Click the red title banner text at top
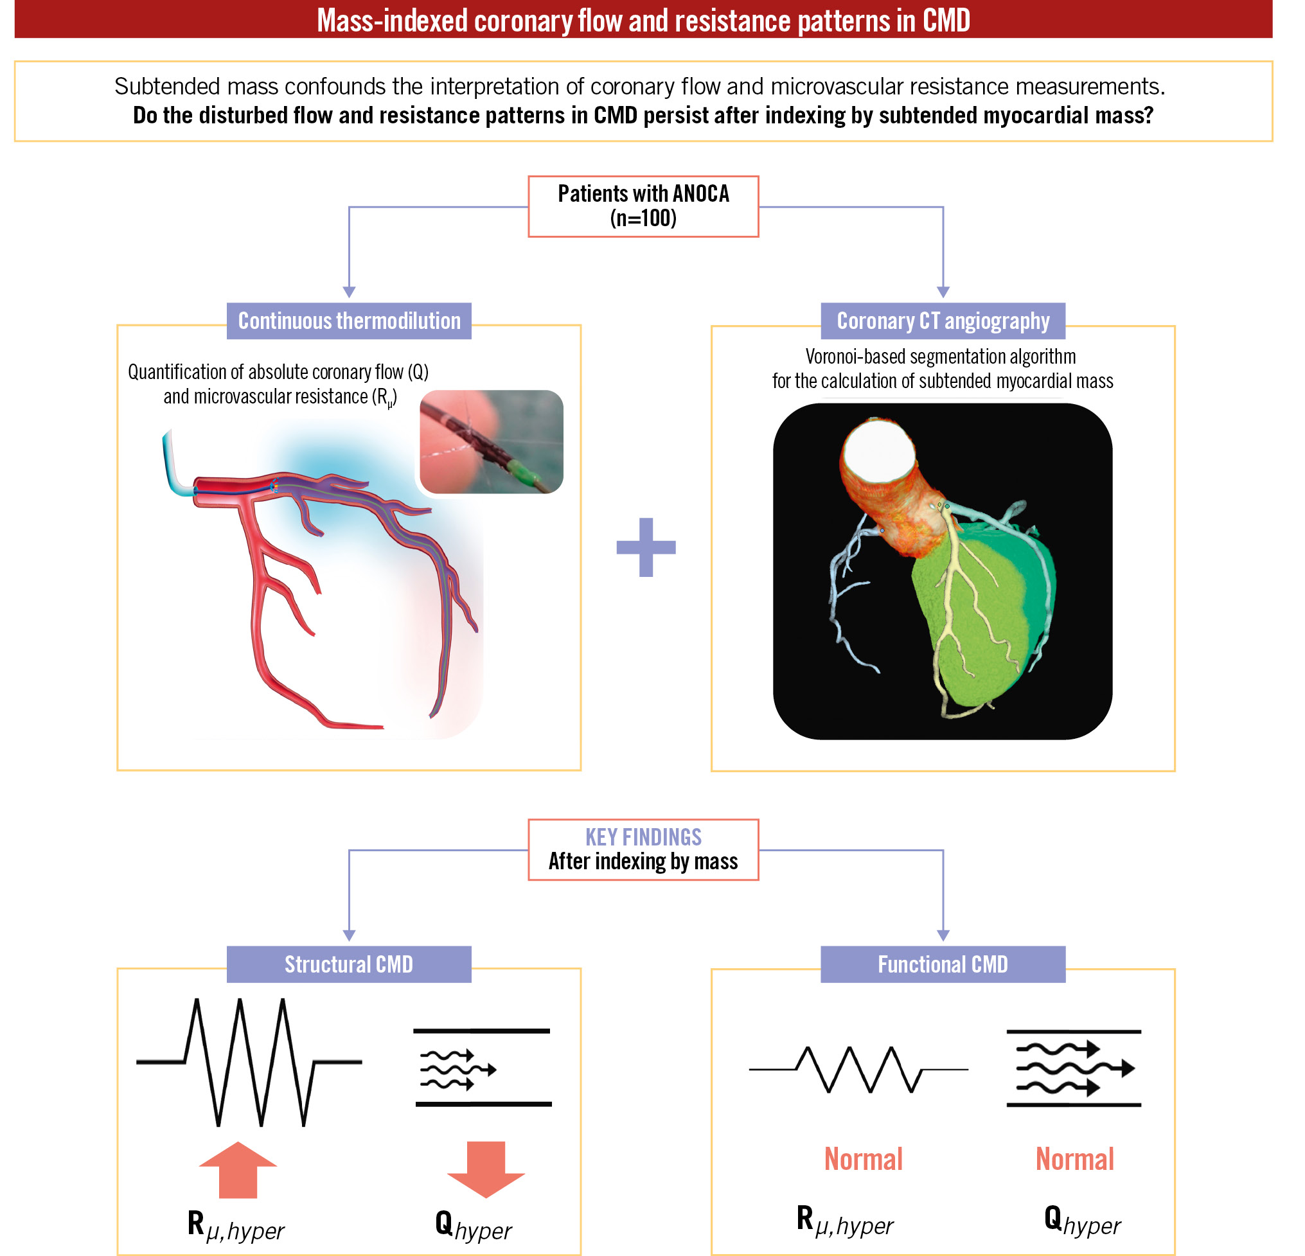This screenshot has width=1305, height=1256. pyautogui.click(x=643, y=20)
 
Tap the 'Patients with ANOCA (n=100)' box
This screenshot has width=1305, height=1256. pyautogui.click(x=643, y=206)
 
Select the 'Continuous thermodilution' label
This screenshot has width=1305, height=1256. pyautogui.click(x=349, y=321)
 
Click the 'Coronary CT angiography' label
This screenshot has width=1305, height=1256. pyautogui.click(x=943, y=321)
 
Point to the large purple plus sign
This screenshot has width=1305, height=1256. pyautogui.click(x=646, y=547)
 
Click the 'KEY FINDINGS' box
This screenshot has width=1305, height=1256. pyautogui.click(x=643, y=849)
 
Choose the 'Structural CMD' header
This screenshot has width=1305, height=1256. pyautogui.click(x=349, y=964)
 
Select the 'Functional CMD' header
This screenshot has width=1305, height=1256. pyautogui.click(x=943, y=964)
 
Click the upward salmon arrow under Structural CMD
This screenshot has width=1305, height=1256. pyautogui.click(x=238, y=1170)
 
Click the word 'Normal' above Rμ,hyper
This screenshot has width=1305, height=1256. pyautogui.click(x=864, y=1160)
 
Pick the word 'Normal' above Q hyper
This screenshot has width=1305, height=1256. pyautogui.click(x=1074, y=1160)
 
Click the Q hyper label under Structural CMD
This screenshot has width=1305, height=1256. pyautogui.click(x=473, y=1226)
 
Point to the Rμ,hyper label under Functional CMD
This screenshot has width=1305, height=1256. pyautogui.click(x=844, y=1221)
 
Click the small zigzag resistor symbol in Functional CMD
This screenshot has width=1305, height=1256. pyautogui.click(x=859, y=1069)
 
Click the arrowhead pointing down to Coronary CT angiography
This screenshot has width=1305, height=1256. pyautogui.click(x=943, y=292)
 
